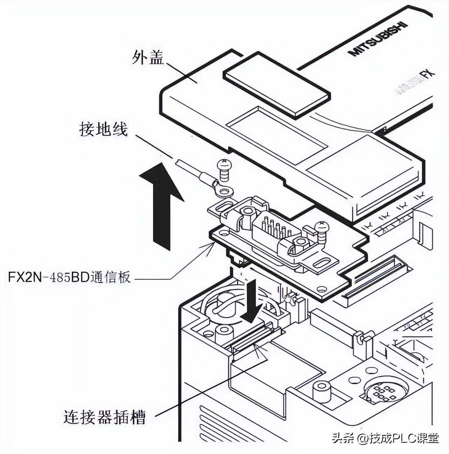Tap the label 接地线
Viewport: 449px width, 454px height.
(x=103, y=131)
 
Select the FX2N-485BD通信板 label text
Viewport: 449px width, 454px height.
(x=69, y=278)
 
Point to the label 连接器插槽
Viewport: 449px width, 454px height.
(x=105, y=417)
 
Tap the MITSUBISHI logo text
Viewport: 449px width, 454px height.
(x=378, y=39)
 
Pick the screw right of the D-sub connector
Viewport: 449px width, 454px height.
(x=321, y=232)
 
